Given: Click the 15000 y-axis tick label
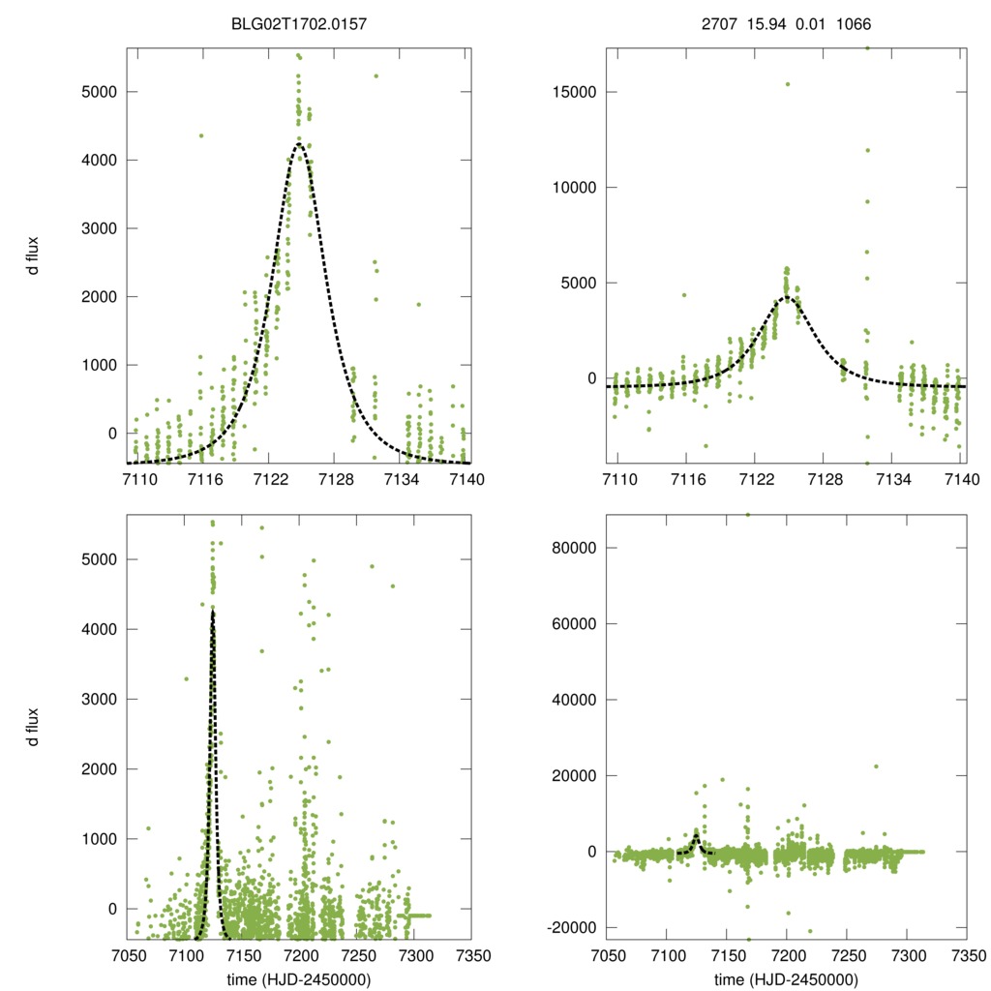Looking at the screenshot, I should [577, 92].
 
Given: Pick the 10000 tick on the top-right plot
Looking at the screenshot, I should [577, 188].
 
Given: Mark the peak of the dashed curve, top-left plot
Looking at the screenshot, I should [299, 145].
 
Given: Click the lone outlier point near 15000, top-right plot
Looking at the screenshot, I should [787, 84].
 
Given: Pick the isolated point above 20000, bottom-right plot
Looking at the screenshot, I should [876, 766].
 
